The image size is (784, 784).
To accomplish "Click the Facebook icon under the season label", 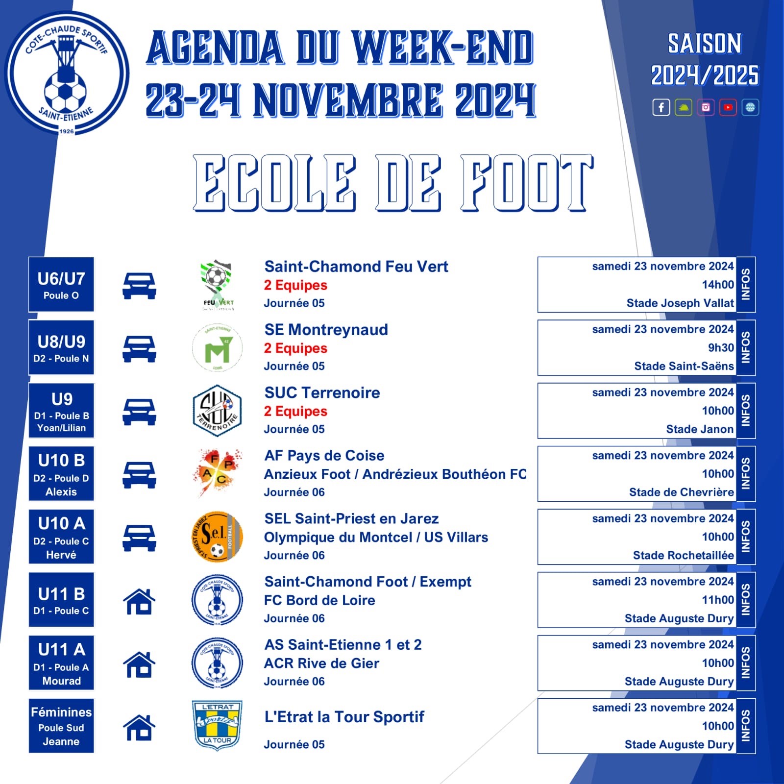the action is (x=661, y=107).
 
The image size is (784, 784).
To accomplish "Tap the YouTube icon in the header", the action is (x=728, y=107).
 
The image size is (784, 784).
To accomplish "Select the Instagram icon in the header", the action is (x=706, y=107).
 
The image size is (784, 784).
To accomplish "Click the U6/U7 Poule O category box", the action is (x=61, y=284).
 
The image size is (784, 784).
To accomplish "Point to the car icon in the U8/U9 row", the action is (x=139, y=349).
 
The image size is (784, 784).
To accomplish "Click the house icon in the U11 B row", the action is (x=139, y=601).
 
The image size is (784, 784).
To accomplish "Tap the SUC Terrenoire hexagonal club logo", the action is (x=217, y=411).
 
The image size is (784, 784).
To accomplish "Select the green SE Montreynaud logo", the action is (x=217, y=347).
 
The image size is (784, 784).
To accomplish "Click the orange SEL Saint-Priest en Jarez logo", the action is (x=217, y=537).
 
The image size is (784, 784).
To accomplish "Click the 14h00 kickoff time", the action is (x=718, y=285).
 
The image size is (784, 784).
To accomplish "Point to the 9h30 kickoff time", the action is (x=721, y=348).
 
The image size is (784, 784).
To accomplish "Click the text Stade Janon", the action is (x=700, y=429).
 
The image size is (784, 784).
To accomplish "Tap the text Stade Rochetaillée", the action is (x=684, y=555).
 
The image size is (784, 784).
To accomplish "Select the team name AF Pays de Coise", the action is (x=324, y=456).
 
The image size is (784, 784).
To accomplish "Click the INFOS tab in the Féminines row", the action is (x=746, y=726).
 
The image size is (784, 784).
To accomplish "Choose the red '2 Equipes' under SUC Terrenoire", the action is (x=295, y=412).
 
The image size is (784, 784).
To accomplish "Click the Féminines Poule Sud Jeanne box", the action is (x=61, y=726).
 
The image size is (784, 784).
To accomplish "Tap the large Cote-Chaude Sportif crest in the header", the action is (x=67, y=73).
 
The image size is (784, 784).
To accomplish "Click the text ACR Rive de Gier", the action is (x=321, y=663).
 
